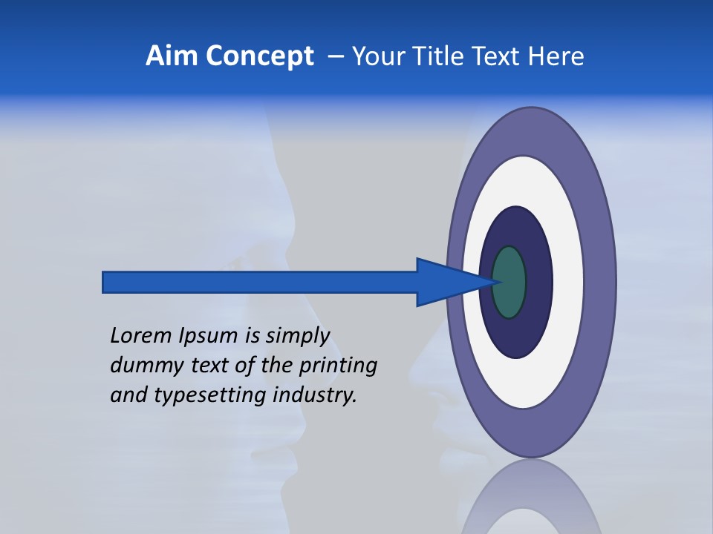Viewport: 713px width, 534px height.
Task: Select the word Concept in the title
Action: click(x=258, y=56)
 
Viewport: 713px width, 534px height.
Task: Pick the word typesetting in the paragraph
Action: click(x=210, y=396)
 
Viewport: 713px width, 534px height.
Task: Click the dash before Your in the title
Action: click(x=336, y=56)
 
